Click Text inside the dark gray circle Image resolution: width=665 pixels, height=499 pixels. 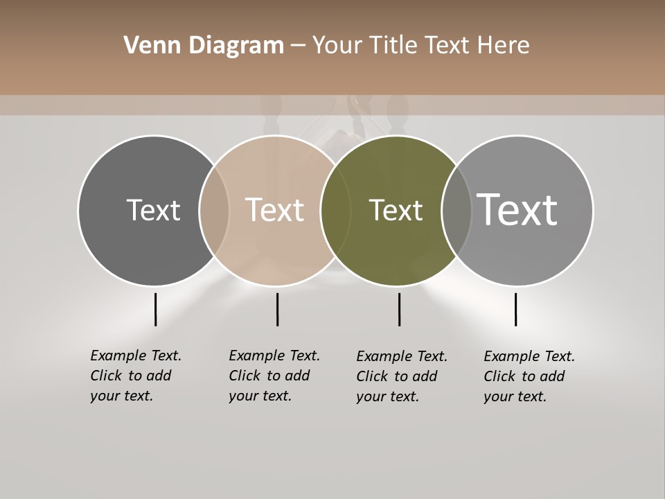tap(153, 210)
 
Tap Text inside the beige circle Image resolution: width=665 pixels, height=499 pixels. tap(274, 210)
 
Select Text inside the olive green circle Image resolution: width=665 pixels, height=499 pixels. tap(396, 210)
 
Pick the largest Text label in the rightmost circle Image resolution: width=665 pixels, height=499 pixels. tap(517, 210)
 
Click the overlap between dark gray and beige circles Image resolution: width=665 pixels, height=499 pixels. tap(214, 210)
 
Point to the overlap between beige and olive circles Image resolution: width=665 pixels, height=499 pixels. tap(335, 210)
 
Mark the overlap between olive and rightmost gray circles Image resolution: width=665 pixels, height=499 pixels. tap(456, 210)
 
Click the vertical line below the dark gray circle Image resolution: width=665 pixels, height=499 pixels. tap(155, 309)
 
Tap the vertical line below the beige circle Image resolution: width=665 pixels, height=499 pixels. tap(277, 309)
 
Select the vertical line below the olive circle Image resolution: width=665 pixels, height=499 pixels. tap(399, 309)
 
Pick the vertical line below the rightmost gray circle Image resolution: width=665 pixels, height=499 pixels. tap(515, 309)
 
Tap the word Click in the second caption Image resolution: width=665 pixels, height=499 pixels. tap(246, 376)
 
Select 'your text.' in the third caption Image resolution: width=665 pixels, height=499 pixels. tap(387, 396)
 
